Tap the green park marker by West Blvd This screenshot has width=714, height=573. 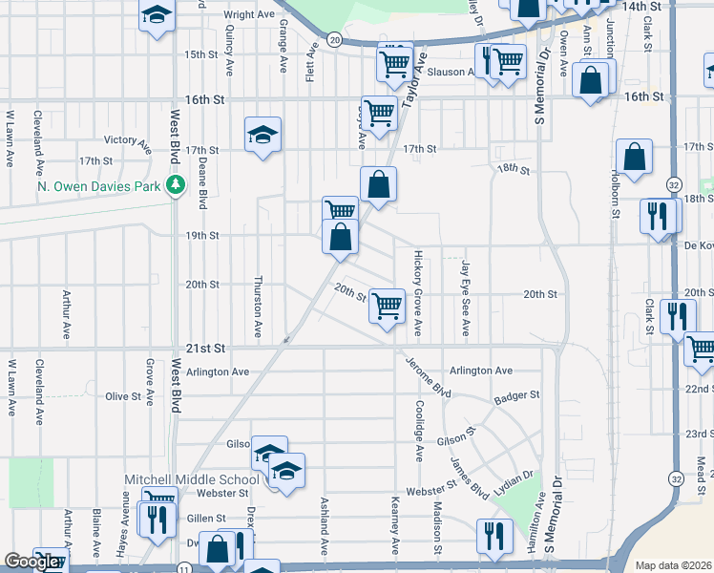pos(176,186)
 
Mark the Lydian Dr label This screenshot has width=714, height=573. pos(514,486)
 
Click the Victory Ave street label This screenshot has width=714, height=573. pos(127,144)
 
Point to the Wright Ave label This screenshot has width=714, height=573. pos(249,15)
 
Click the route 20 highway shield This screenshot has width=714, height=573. pos(333,40)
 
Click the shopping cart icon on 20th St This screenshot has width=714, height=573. pos(388,306)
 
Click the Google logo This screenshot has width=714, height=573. pos(31,562)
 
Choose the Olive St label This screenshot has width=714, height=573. pos(123,396)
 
